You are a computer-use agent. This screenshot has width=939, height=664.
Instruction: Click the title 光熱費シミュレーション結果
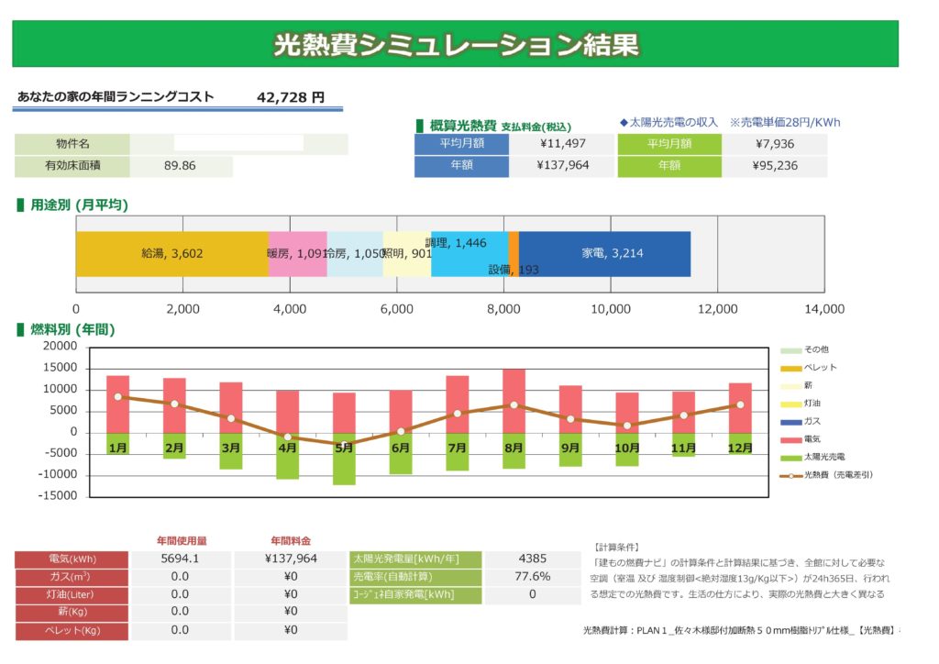(x=456, y=45)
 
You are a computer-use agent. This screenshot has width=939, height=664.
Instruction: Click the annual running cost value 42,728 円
(x=291, y=96)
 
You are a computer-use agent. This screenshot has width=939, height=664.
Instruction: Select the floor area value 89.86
(x=180, y=166)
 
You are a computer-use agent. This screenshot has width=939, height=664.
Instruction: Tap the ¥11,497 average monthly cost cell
(x=561, y=143)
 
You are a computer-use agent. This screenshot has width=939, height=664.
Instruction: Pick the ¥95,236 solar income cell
(x=774, y=166)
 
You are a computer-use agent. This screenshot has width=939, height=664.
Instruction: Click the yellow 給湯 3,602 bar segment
(x=171, y=254)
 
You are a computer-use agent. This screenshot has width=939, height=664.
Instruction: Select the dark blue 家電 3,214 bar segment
(x=604, y=254)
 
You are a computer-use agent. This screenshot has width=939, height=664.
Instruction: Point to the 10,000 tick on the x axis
(x=610, y=310)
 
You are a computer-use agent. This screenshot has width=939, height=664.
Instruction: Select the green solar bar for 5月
(x=344, y=459)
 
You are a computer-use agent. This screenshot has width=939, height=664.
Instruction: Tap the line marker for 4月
(x=287, y=437)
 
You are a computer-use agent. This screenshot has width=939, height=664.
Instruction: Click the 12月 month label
(x=739, y=448)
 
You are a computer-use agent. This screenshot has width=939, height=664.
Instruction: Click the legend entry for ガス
(x=810, y=421)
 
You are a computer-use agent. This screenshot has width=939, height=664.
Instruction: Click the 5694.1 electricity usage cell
(x=180, y=558)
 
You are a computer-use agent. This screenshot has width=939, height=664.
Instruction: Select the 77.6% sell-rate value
(x=533, y=577)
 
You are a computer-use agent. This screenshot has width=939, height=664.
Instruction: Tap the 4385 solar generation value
(x=533, y=558)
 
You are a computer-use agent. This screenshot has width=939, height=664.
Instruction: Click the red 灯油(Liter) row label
(x=72, y=594)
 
